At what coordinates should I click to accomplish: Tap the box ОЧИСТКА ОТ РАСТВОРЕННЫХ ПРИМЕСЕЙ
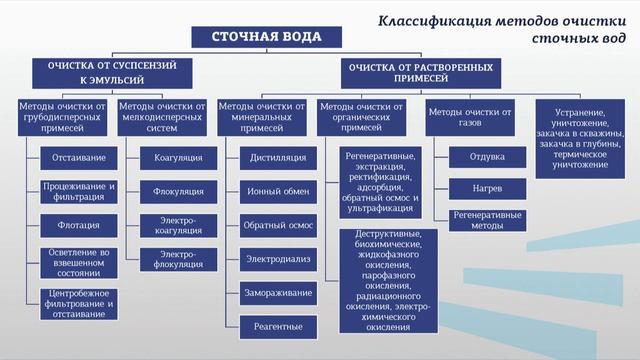point(420,74)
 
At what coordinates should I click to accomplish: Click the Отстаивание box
point(80,157)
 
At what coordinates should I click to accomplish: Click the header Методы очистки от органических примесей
point(368,116)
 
